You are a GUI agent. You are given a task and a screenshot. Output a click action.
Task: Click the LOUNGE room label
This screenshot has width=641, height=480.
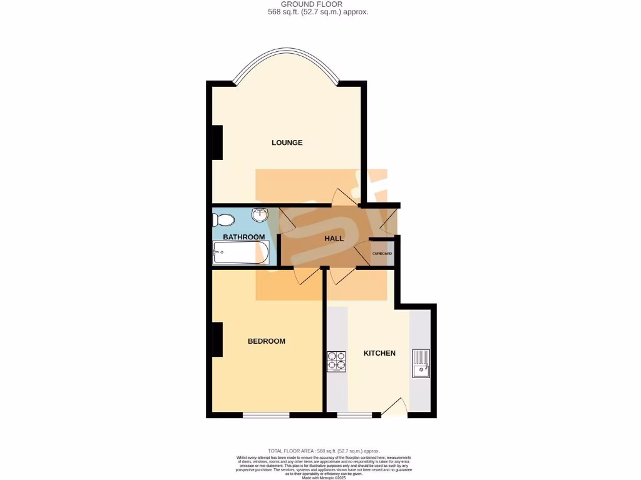click(287, 142)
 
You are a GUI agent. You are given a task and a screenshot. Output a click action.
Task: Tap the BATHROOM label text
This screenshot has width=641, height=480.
click(244, 237)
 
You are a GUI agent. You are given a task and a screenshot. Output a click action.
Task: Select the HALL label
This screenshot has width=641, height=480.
click(334, 239)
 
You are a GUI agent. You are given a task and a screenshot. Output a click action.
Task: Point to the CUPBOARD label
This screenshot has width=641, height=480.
click(382, 253)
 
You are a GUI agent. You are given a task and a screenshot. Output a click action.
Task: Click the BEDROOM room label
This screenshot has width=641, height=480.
click(266, 341)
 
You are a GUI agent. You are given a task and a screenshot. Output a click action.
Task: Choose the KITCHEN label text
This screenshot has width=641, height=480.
click(379, 353)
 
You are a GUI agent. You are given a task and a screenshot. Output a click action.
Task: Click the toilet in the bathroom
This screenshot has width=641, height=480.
click(223, 220)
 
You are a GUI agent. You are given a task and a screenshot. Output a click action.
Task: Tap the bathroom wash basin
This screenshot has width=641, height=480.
click(260, 216)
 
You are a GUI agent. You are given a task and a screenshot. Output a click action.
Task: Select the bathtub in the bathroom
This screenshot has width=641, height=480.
click(241, 254)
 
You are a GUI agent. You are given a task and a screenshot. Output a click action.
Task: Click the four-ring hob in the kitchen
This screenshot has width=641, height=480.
click(336, 362)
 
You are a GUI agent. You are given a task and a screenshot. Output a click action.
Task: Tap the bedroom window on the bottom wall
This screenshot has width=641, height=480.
click(266, 415)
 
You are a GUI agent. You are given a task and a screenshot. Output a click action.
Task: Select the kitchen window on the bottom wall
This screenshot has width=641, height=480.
click(354, 415)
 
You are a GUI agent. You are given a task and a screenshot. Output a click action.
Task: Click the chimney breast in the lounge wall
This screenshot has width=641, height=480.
click(217, 142)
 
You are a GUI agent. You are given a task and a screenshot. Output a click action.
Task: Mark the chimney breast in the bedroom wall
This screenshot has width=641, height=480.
click(217, 339)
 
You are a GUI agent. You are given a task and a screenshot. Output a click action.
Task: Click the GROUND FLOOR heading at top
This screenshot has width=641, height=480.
click(320, 4)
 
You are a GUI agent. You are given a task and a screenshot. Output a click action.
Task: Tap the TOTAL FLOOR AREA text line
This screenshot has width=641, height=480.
click(324, 451)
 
